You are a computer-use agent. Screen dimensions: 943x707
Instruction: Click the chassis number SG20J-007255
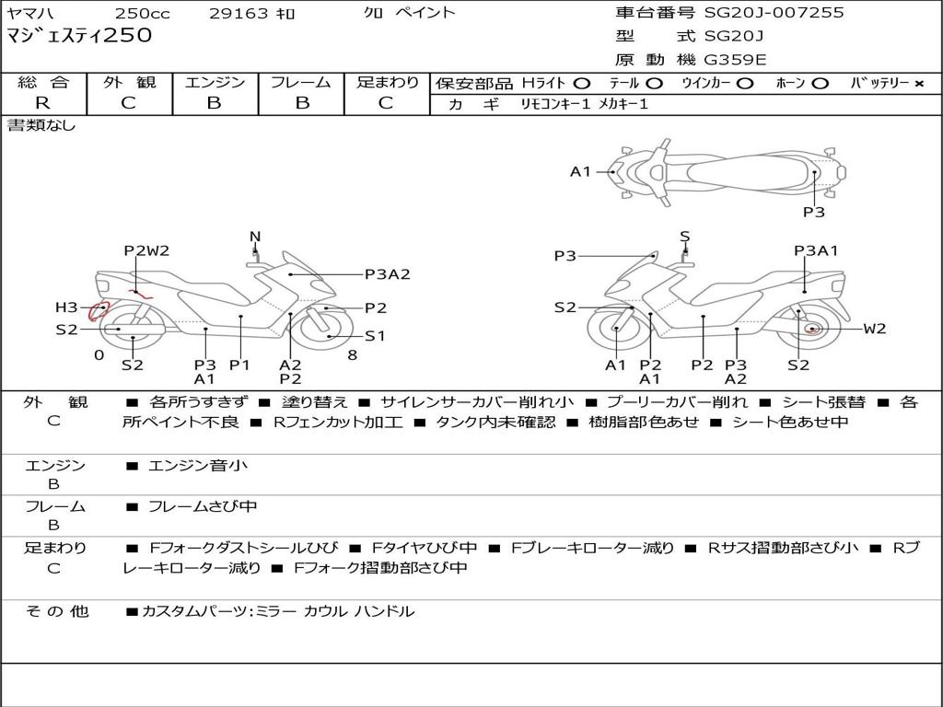[x=774, y=13]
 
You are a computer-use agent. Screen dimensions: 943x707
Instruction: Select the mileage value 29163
[x=225, y=13]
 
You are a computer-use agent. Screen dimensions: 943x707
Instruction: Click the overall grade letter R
[x=42, y=103]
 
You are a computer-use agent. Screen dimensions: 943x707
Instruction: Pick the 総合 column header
[x=42, y=83]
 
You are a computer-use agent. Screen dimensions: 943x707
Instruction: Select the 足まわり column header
[x=388, y=83]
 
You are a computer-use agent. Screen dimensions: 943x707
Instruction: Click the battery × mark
[x=918, y=84]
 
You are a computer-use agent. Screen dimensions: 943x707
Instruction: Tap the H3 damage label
[x=66, y=307]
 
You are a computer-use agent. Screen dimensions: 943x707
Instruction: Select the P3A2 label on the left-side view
[x=387, y=273]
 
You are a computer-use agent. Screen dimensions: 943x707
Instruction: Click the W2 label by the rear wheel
[x=875, y=329]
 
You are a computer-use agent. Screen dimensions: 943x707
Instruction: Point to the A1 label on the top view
[x=580, y=171]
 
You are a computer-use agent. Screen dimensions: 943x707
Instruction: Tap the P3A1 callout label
[x=816, y=250]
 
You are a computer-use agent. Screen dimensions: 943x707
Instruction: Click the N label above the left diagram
[x=255, y=237]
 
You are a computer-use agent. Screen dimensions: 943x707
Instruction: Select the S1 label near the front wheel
[x=375, y=336]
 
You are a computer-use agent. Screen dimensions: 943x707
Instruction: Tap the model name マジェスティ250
[x=79, y=36]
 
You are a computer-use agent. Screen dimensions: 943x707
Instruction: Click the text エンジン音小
[x=198, y=466]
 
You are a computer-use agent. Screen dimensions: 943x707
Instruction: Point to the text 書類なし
[x=41, y=125]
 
